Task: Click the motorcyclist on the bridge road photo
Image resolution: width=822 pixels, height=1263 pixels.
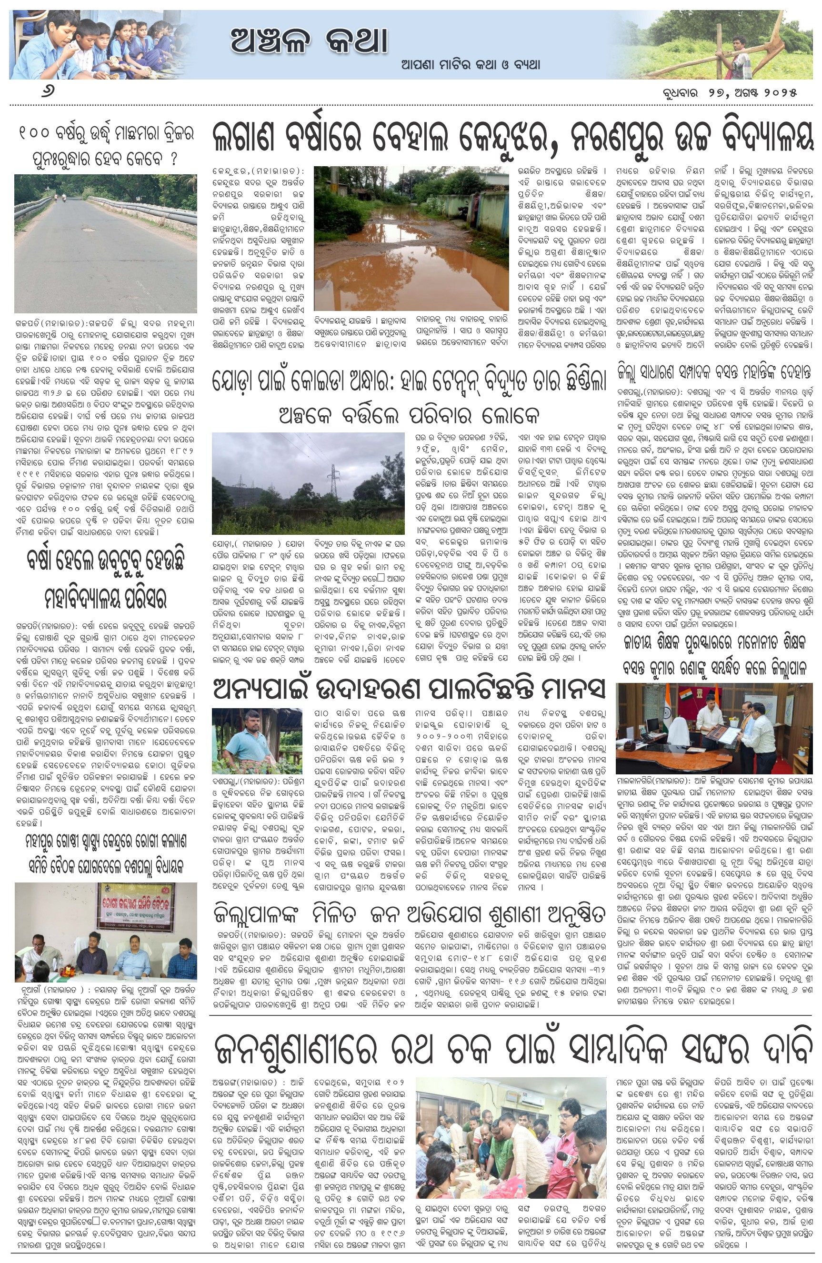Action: (x=64, y=196)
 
